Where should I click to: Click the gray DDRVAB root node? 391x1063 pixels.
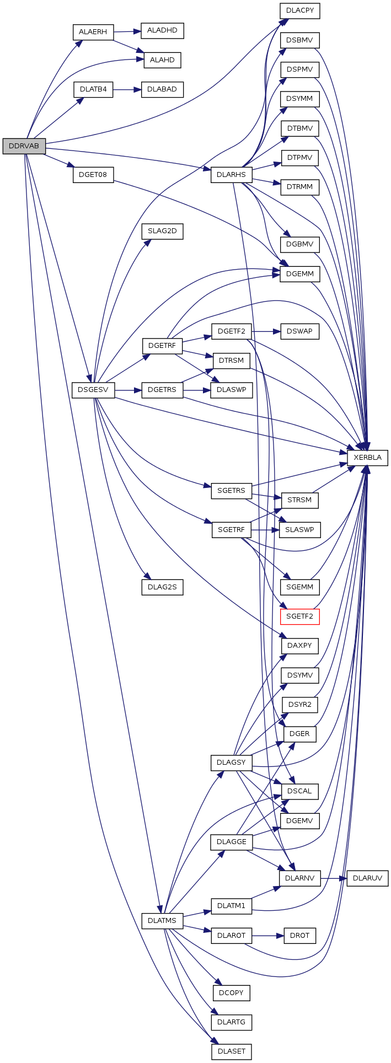(x=24, y=146)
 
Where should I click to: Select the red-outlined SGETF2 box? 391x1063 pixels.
(x=299, y=616)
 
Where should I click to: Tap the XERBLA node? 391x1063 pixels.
(x=367, y=458)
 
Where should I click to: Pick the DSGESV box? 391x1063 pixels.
(x=93, y=390)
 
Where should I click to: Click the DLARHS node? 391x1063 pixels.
(x=231, y=175)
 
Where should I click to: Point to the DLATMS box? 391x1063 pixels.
(x=162, y=921)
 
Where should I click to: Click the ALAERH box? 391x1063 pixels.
(x=93, y=32)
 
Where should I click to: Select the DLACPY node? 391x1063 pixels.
(x=299, y=10)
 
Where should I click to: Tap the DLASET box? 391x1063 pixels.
(x=231, y=1051)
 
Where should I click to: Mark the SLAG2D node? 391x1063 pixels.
(x=162, y=231)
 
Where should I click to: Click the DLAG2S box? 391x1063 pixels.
(x=162, y=587)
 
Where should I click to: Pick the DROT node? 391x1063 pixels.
(x=299, y=936)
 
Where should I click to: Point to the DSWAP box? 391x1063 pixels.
(x=299, y=331)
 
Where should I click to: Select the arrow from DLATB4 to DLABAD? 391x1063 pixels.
(x=127, y=89)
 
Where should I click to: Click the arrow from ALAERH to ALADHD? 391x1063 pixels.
(x=127, y=31)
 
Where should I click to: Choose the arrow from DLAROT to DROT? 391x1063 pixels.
(x=268, y=936)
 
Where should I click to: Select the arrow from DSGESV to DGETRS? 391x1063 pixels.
(x=128, y=390)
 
